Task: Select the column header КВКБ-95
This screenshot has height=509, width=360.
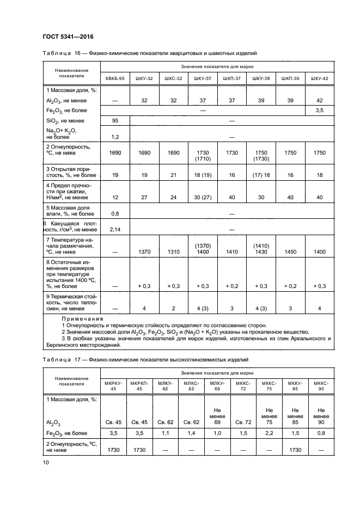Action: (x=115, y=79)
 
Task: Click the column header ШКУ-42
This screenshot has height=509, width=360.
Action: (x=319, y=79)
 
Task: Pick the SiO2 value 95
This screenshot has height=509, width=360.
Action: (x=115, y=120)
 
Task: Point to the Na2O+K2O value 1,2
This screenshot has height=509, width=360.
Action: (x=115, y=137)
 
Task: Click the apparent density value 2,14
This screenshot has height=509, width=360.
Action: (x=115, y=230)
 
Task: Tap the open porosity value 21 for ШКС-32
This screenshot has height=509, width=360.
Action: (x=173, y=176)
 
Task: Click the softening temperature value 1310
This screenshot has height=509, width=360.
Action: (x=173, y=253)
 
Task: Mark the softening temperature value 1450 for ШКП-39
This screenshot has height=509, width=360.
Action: (x=290, y=253)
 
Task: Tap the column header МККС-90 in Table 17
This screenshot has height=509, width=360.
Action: (x=321, y=386)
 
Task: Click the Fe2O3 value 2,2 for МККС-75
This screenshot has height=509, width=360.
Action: (x=267, y=433)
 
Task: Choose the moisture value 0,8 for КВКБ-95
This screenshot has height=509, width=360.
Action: (x=115, y=214)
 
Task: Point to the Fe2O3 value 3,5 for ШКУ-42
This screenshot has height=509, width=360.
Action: (x=319, y=111)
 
